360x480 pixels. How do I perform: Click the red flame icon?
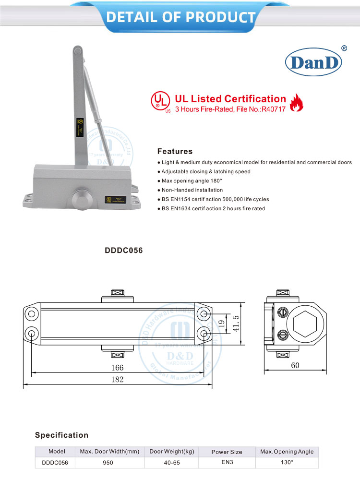tap(297, 102)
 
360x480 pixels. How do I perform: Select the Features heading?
tap(175, 151)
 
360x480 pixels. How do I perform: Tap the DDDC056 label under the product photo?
tap(124, 250)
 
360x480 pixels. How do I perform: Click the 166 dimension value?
tap(117, 368)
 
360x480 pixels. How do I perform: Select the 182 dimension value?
tap(117, 379)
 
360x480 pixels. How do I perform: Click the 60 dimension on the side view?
tap(295, 365)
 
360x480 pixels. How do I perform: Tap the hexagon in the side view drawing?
tap(306, 323)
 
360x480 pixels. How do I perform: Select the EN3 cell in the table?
tap(227, 463)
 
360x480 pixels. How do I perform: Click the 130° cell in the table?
tap(287, 463)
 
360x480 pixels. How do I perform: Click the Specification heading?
tap(61, 435)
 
